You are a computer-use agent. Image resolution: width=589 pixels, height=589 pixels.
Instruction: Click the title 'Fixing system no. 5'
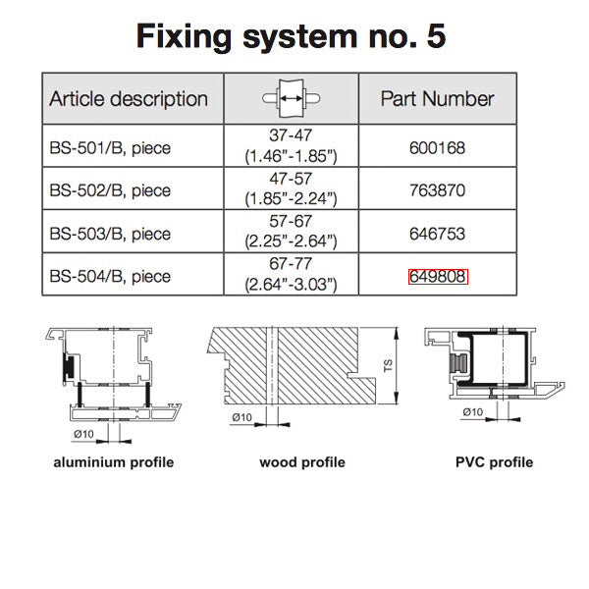(292, 37)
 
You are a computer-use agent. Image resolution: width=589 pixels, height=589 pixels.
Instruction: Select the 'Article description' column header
(129, 99)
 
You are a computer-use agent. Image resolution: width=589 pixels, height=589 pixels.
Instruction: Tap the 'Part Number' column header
(437, 99)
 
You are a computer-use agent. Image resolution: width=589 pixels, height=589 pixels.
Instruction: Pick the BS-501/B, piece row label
(110, 149)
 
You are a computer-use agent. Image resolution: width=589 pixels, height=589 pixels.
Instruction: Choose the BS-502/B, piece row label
(110, 190)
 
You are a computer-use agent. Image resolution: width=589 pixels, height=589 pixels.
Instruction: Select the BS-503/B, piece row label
(110, 234)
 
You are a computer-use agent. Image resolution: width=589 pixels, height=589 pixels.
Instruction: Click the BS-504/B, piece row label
(110, 276)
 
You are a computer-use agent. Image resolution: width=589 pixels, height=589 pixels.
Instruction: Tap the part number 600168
(438, 149)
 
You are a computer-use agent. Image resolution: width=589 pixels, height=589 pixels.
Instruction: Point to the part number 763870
(438, 190)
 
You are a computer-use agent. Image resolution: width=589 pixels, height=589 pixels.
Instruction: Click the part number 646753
(438, 234)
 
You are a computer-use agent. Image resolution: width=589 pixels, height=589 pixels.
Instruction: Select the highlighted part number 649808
(438, 276)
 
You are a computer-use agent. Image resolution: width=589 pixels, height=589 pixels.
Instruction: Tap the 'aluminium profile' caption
(113, 461)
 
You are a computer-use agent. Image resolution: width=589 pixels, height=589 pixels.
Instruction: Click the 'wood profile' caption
(302, 461)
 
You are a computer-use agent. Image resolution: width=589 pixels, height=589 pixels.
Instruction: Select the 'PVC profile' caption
(495, 461)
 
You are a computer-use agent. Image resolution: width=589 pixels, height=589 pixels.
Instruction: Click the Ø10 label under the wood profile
(241, 417)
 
